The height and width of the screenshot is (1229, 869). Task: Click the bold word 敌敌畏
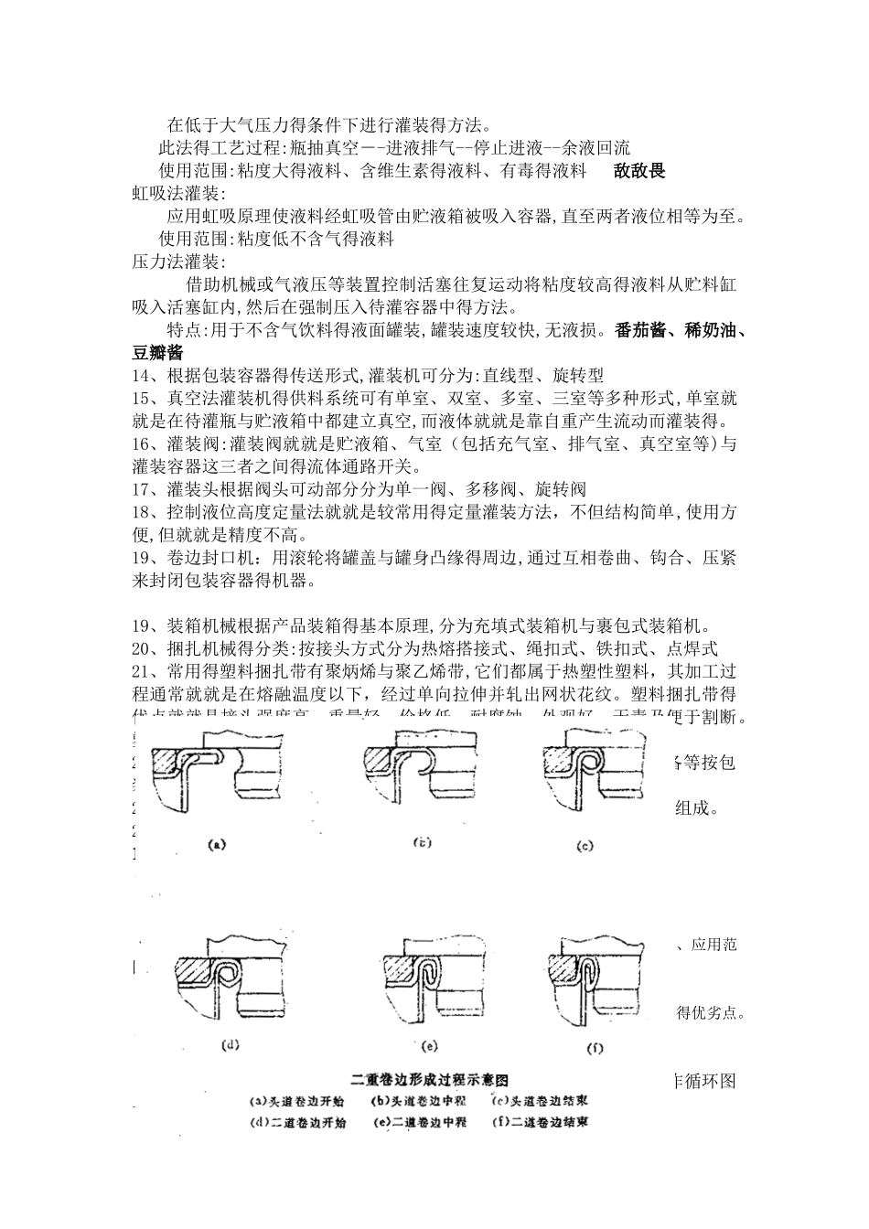coord(639,171)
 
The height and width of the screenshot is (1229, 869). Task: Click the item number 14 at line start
coord(141,376)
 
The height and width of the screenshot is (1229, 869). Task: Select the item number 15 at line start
coord(141,399)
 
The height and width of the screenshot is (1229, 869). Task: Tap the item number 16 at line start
coord(141,444)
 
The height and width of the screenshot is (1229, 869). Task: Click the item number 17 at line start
coord(141,489)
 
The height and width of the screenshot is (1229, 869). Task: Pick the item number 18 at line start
coord(141,512)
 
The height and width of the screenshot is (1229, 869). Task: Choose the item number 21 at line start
coord(141,671)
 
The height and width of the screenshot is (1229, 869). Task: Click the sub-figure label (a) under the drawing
coord(217,845)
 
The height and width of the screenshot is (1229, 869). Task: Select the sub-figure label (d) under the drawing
coord(231,1043)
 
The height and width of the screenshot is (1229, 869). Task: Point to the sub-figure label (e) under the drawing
coord(431,1043)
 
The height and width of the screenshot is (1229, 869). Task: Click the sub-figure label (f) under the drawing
coord(594,1043)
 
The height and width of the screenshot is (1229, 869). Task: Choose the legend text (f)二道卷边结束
coord(539,1121)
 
